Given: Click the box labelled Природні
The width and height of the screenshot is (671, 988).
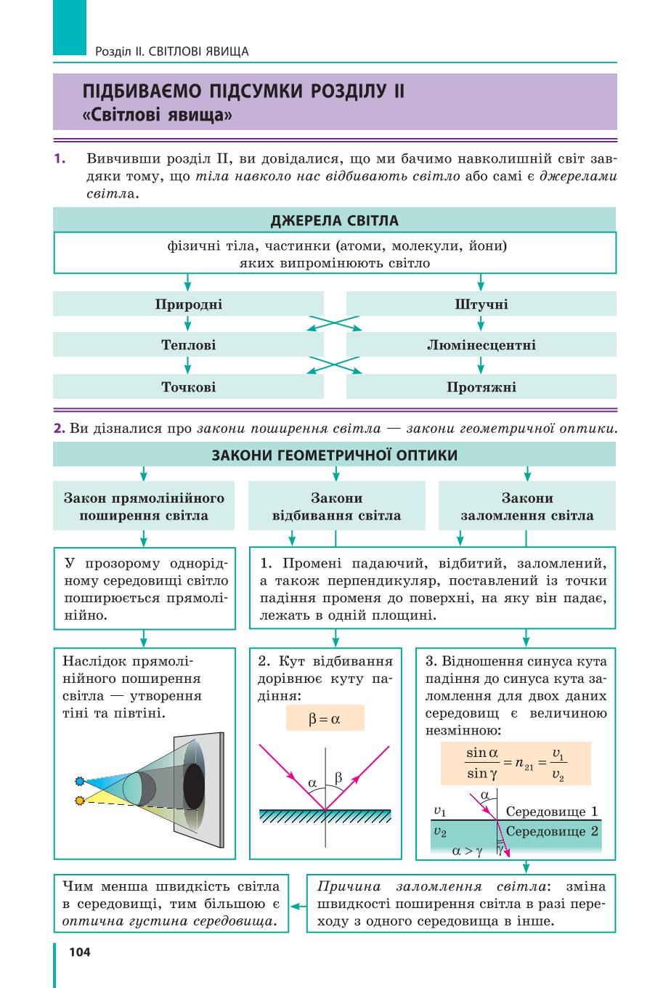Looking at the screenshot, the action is click(x=188, y=304).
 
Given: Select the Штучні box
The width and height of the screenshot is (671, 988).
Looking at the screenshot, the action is click(x=481, y=304).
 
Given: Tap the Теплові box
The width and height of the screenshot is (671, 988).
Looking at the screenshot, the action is click(x=188, y=344).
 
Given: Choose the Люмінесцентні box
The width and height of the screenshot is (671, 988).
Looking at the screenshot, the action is click(x=481, y=344).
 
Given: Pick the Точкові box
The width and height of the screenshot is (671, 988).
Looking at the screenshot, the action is click(x=188, y=386).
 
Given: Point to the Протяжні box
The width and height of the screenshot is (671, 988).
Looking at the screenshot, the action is click(x=481, y=386).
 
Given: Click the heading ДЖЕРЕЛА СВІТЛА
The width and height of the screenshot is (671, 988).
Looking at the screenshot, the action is click(x=335, y=220).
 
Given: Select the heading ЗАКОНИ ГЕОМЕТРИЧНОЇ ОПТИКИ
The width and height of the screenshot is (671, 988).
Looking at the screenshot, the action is click(x=335, y=455).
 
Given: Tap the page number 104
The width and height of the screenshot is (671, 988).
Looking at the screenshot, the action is click(x=80, y=952).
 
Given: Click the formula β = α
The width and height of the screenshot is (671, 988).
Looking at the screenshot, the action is click(x=325, y=718).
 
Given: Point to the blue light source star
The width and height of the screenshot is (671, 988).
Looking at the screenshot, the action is click(x=79, y=781).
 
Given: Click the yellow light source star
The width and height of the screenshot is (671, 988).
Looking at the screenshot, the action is click(x=79, y=800).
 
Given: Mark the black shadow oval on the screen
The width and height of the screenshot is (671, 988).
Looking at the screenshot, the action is click(x=194, y=787).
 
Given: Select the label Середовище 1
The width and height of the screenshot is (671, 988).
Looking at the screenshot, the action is click(x=551, y=811).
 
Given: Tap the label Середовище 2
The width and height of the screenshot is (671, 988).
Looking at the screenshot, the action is click(x=551, y=831).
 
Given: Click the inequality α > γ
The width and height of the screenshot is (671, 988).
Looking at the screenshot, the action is click(x=467, y=851).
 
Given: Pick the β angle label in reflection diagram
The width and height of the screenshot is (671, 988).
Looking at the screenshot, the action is click(x=338, y=777).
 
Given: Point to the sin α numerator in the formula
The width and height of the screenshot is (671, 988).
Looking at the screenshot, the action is click(x=482, y=753).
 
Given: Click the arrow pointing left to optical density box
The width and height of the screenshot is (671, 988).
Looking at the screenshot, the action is click(x=298, y=906).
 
